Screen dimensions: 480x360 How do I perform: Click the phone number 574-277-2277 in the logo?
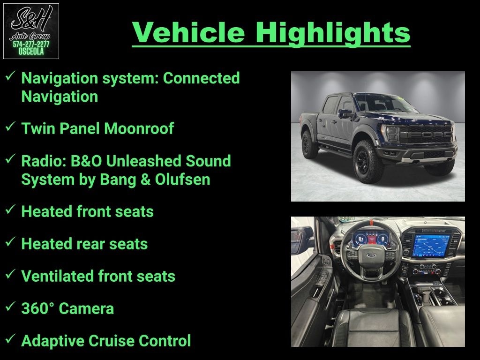click(31, 45)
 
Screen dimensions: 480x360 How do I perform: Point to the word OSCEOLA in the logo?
click(31, 52)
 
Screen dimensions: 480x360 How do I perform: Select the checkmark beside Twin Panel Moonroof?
click(10, 126)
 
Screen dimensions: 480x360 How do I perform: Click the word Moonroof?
click(139, 128)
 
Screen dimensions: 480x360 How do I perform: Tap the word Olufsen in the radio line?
click(182, 180)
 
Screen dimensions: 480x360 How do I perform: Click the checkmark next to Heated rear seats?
click(10, 241)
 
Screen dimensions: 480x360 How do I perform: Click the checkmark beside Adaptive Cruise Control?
click(10, 338)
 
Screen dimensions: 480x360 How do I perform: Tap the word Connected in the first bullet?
click(201, 78)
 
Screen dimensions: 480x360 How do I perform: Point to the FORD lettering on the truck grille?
click(426, 135)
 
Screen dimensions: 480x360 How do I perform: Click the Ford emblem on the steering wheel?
click(370, 255)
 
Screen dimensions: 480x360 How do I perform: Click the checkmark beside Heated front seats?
click(10, 209)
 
